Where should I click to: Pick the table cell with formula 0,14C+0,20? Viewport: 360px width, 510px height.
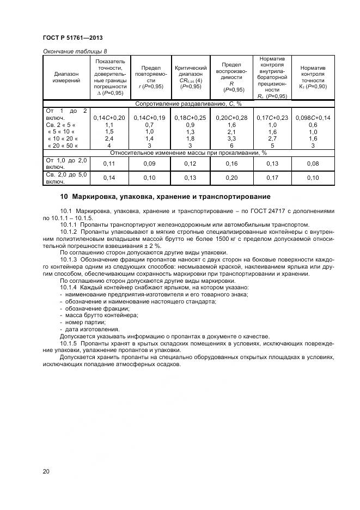coord(109,118)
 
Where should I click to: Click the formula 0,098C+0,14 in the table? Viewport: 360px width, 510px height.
coord(313,118)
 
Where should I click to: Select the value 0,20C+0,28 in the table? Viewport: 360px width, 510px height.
coord(231,118)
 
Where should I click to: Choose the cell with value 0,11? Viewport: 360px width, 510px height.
coord(109,163)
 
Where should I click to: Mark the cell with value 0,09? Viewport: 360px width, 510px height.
coord(149,163)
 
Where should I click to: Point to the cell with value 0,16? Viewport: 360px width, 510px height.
coord(231,163)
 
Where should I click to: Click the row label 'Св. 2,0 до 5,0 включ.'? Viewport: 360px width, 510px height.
coord(65,178)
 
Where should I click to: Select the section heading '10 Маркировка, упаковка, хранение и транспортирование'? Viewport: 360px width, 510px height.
coord(164,196)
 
